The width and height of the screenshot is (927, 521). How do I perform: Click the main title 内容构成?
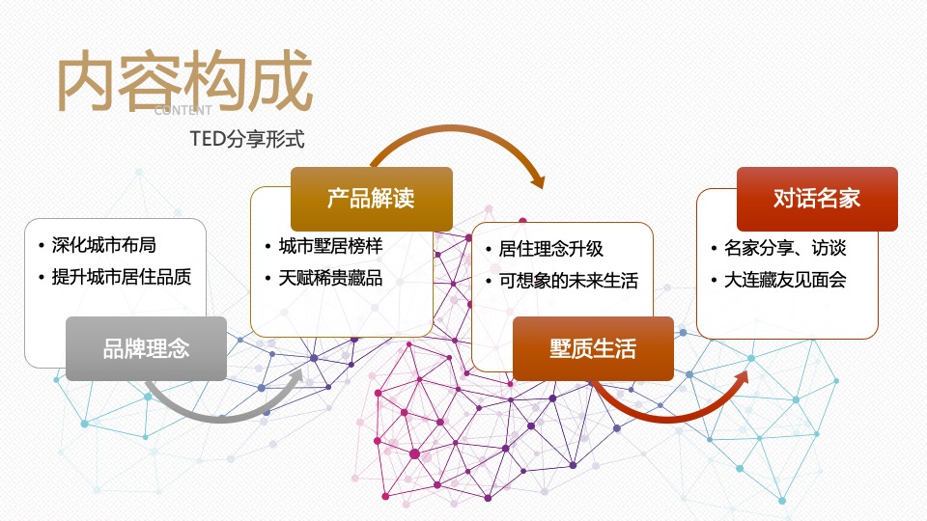click(x=184, y=82)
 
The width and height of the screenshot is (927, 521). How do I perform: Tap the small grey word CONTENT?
click(x=183, y=111)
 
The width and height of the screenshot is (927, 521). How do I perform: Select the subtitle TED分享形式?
click(x=247, y=140)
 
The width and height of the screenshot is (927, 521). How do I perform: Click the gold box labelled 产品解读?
click(x=371, y=199)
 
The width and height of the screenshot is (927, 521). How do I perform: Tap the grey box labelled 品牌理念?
click(x=146, y=348)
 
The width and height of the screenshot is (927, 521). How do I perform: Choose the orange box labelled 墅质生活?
click(x=593, y=348)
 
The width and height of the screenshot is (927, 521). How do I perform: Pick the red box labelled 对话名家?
click(x=817, y=199)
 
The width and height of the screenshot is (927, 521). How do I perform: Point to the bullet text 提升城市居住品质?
click(x=121, y=277)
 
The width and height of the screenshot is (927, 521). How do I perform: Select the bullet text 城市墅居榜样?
click(x=330, y=246)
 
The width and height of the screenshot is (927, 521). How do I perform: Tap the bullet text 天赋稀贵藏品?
click(x=330, y=279)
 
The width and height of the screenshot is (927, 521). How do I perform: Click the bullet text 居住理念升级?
click(x=551, y=248)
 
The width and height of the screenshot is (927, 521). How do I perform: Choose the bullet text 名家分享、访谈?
click(x=785, y=248)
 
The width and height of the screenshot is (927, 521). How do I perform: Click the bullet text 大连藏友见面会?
click(x=785, y=281)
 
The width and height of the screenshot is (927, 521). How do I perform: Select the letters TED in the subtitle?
click(x=207, y=140)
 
